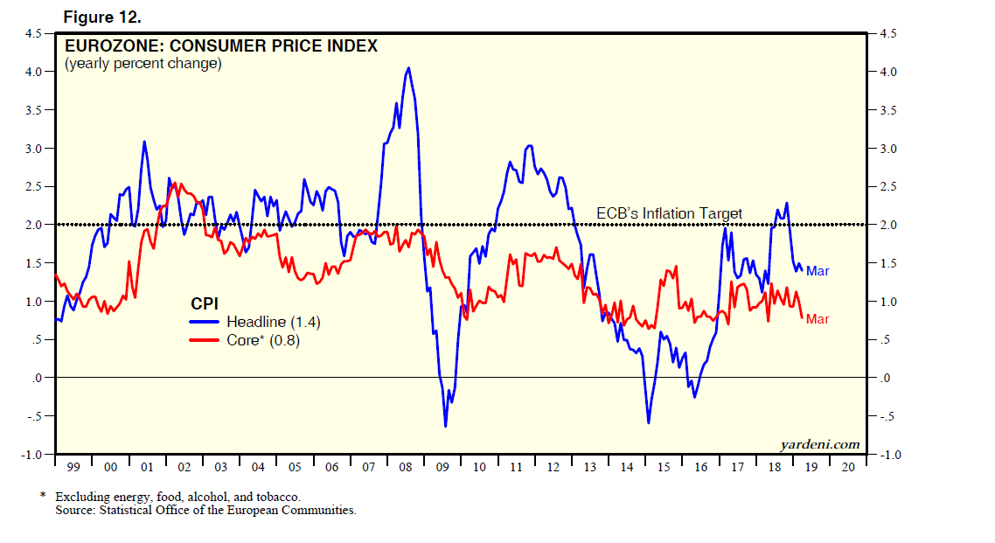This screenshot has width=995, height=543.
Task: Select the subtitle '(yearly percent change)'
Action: point(143,64)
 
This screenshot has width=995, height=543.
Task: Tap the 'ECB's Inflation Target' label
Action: point(669,213)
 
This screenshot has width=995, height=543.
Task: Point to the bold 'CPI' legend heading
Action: point(204,303)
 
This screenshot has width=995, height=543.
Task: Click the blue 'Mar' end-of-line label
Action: point(818,271)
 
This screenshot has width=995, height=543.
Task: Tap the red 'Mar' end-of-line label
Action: point(818,319)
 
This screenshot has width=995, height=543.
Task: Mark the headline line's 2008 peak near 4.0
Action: point(408,68)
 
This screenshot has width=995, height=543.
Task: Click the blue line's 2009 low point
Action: point(445,426)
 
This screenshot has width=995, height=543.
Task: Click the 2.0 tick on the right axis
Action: point(887,225)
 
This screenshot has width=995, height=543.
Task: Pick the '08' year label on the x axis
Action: point(406,468)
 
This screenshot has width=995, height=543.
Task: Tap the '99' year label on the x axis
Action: point(73,468)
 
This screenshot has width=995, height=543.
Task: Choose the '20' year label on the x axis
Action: point(847,468)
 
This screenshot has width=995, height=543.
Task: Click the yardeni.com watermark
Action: point(819,445)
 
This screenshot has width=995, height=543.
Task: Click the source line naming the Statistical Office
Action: point(203,510)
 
